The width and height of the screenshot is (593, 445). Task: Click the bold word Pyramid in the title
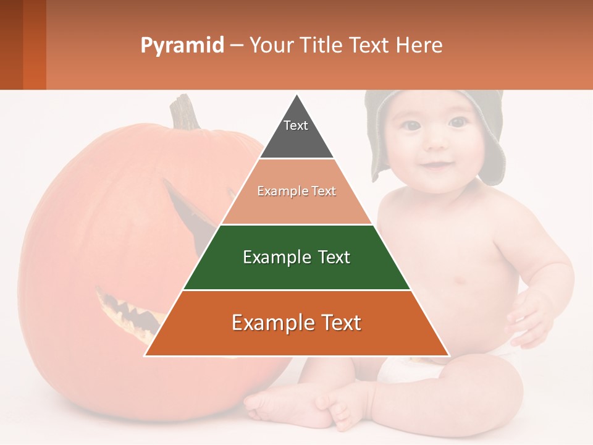click(x=182, y=45)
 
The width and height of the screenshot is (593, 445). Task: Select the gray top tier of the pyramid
click(x=296, y=133)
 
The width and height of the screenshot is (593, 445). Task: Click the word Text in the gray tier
click(x=295, y=125)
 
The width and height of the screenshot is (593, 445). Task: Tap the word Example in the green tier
click(x=269, y=257)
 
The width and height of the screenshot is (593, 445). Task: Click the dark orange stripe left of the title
click(x=34, y=44)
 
